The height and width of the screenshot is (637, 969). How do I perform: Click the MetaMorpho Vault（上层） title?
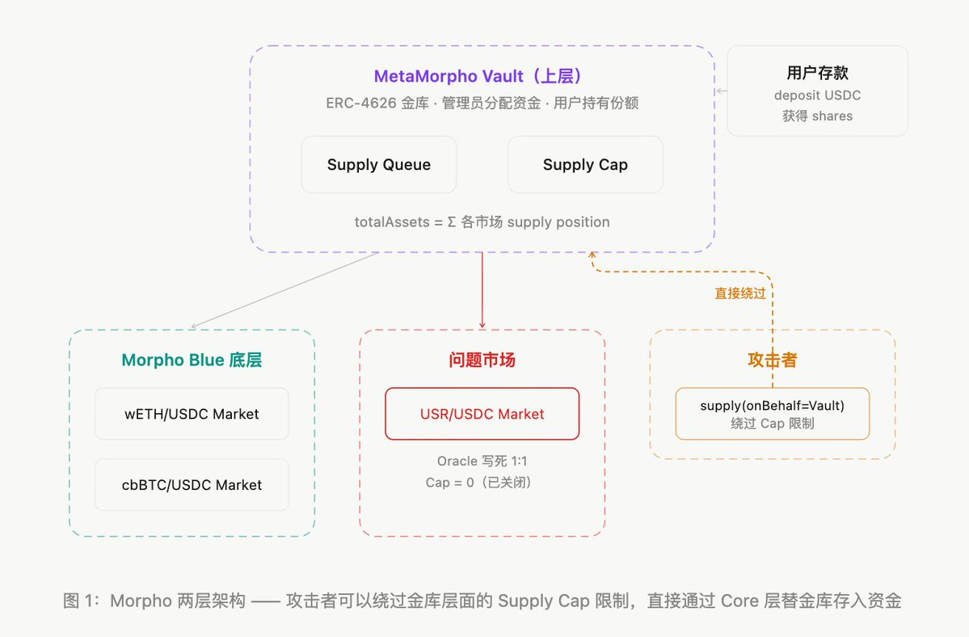pos(482,77)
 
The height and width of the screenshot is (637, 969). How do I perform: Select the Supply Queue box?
pos(379,165)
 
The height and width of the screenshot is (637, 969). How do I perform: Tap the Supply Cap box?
pos(585,165)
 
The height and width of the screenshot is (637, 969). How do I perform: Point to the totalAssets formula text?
pos(482,221)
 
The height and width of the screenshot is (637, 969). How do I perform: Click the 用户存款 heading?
pos(817,72)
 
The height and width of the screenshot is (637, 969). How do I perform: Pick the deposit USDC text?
pos(817,95)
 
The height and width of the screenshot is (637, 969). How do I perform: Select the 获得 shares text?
pos(817,116)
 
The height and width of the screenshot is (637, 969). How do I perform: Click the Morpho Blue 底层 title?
pos(192,361)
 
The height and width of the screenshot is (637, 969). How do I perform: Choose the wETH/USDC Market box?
pos(192,414)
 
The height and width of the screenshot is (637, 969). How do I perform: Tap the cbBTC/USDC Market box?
pos(192,485)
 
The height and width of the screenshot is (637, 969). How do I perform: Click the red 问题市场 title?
pos(482,361)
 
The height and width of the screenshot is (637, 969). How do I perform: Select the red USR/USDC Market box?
pos(482,414)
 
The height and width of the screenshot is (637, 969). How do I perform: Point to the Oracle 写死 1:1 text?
pos(482,462)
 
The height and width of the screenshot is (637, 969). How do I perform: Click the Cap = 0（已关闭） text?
pos(482,483)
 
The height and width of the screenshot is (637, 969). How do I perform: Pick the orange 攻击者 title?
pos(772,361)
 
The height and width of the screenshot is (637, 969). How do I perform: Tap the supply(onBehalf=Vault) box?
pos(772,414)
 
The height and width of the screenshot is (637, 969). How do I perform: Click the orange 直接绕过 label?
pos(740,293)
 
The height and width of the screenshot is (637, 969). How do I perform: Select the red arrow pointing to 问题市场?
pos(482,291)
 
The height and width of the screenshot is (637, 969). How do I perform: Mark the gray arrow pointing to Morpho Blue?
pos(283,291)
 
